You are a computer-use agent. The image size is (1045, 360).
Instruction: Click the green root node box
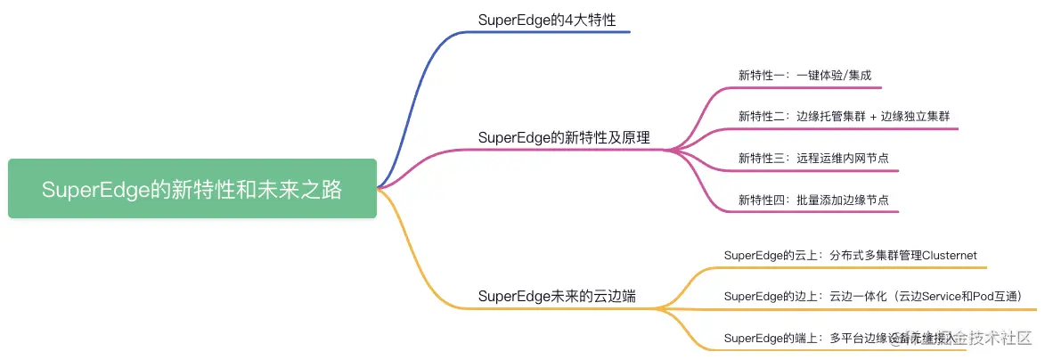tap(192, 189)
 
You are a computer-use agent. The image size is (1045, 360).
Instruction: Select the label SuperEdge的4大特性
tap(546, 19)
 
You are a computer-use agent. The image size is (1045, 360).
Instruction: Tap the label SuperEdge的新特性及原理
tap(564, 137)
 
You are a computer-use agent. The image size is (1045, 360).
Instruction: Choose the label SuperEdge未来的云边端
tap(557, 296)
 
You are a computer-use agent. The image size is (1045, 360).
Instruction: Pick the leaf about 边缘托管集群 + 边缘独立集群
tap(845, 116)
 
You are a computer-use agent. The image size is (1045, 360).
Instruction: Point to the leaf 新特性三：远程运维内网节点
tap(813, 158)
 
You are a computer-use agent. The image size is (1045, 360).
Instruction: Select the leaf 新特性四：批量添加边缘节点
tap(813, 200)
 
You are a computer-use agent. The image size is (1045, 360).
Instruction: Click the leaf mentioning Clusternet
tap(851, 255)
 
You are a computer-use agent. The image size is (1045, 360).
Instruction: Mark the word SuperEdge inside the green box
tap(94, 190)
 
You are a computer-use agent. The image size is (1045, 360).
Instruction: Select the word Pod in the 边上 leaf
tap(975, 296)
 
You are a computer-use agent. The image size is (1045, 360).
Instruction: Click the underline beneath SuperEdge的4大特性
tap(552, 32)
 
